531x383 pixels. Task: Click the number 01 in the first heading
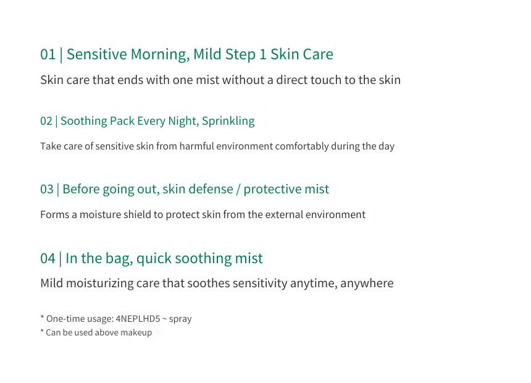pos(48,54)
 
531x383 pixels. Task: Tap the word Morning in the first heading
pos(160,55)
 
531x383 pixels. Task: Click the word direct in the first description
pos(291,80)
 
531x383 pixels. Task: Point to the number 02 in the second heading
pos(46,121)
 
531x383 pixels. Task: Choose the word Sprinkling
pos(228,121)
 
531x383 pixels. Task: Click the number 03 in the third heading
pos(47,189)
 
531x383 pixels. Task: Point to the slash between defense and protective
pos(238,189)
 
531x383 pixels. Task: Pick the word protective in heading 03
pos(267,190)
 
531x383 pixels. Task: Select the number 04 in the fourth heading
pos(48,258)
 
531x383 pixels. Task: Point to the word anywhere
pos(367,284)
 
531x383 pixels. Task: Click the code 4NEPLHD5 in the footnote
pos(138,319)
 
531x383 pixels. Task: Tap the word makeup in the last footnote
pos(136,333)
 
